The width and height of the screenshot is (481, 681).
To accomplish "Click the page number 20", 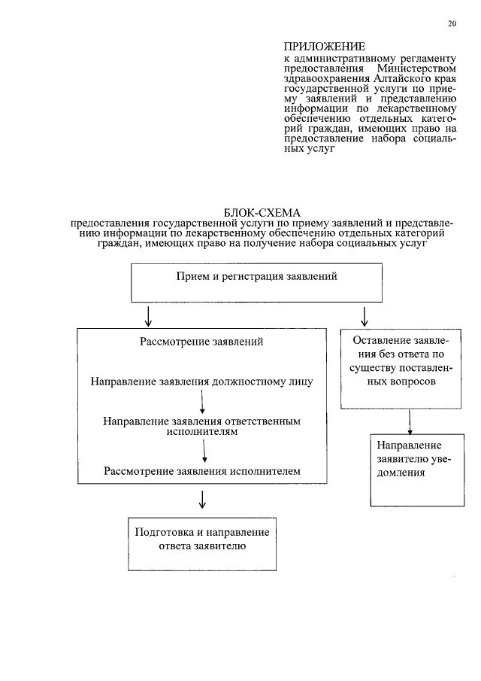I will pyautogui.click(x=452, y=23).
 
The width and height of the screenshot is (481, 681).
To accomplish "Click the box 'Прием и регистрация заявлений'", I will pyautogui.click(x=256, y=277).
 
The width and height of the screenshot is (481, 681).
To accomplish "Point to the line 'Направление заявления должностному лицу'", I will pyautogui.click(x=201, y=381).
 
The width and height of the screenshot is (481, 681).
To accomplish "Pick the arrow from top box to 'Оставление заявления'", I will pyautogui.click(x=365, y=315).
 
